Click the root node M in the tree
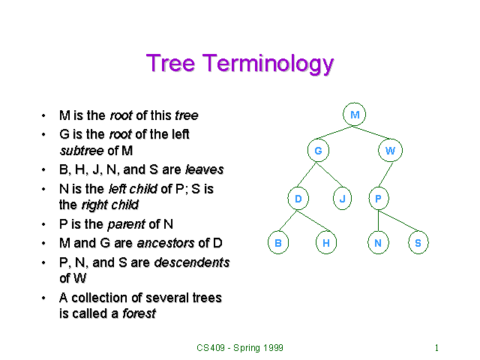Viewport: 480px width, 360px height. point(355,115)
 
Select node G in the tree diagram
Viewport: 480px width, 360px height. point(318,151)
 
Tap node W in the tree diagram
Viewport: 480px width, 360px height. point(390,151)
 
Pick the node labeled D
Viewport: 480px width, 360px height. point(298,199)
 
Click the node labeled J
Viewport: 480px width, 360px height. point(343,199)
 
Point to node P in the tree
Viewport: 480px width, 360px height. point(378,199)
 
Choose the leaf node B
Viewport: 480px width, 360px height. point(277,243)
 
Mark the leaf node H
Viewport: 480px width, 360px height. point(326,243)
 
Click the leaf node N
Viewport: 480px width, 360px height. point(378,243)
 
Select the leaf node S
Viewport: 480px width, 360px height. point(418,243)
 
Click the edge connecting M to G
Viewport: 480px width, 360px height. point(336,133)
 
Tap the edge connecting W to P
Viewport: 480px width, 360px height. point(384,175)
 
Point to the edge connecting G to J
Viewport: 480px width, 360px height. point(330,175)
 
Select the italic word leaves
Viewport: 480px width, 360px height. point(204,169)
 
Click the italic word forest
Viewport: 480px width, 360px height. point(139,313)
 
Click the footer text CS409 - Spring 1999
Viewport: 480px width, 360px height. point(240,348)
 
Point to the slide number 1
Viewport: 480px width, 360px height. point(436,348)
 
